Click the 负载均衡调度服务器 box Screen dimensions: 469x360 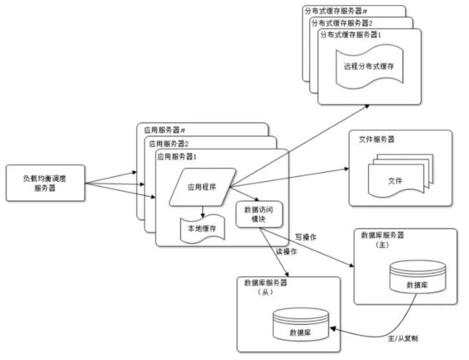[x=45, y=183]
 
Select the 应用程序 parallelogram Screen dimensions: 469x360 [x=202, y=187]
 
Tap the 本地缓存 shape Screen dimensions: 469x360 [x=202, y=229]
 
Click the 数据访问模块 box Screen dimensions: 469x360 [x=259, y=215]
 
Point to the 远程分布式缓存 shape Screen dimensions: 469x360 [x=370, y=66]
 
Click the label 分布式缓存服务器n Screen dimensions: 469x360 [x=336, y=12]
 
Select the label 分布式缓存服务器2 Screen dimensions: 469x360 [x=342, y=23]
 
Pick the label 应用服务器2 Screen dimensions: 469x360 [x=169, y=144]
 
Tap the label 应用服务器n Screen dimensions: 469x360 [x=164, y=130]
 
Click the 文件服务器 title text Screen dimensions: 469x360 [x=376, y=139]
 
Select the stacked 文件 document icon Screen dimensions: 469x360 [x=400, y=175]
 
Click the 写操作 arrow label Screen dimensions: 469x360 [x=305, y=237]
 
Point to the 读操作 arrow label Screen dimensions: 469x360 [x=286, y=252]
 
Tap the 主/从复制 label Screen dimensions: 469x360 [x=403, y=339]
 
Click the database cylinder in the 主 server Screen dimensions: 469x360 [x=418, y=277]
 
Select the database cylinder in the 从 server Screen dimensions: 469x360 [x=301, y=324]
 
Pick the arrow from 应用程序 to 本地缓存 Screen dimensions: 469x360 [x=203, y=211]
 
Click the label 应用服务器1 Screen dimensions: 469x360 [x=177, y=157]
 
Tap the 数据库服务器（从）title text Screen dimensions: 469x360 [x=266, y=287]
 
